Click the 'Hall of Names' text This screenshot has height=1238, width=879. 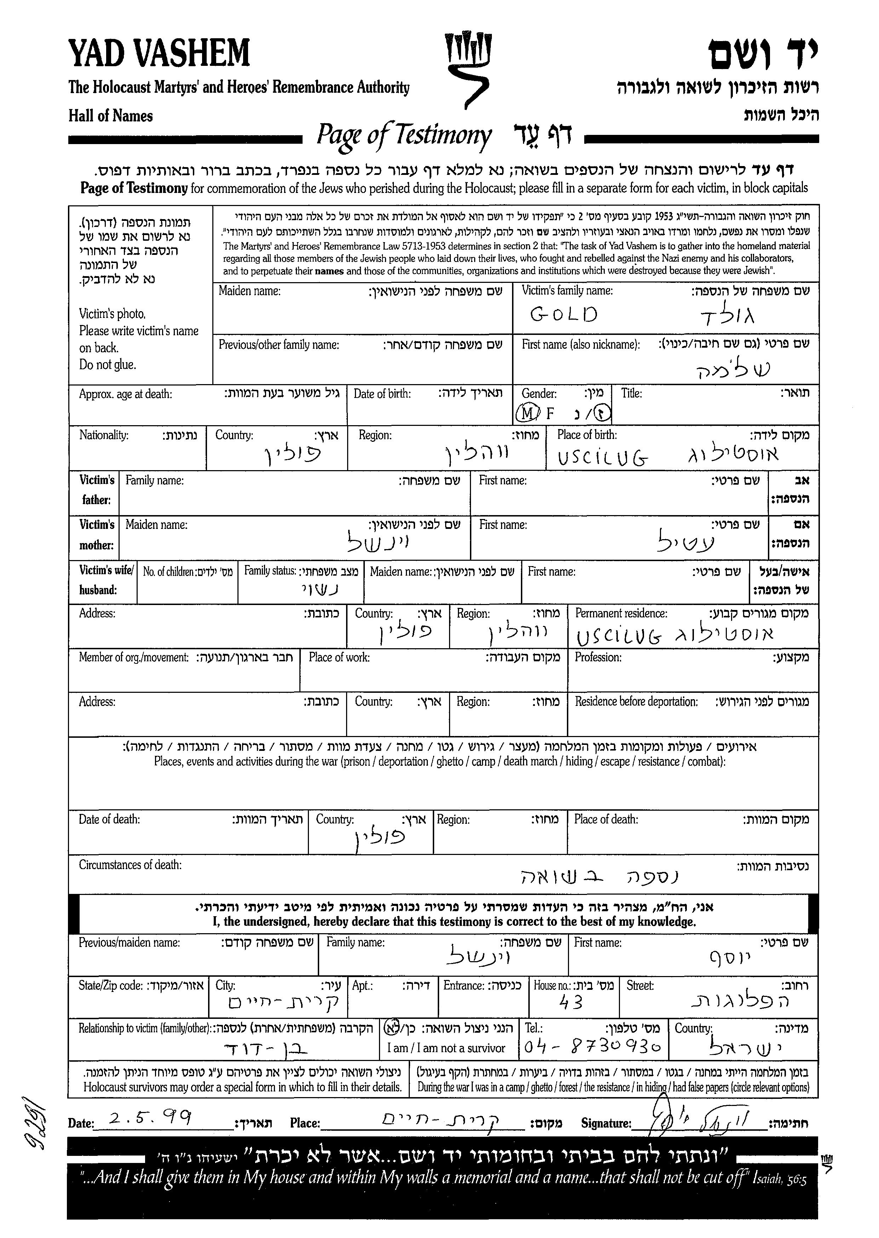coord(110,116)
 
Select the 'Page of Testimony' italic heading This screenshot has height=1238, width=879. coord(404,135)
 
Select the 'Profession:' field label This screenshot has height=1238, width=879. coord(598,657)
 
